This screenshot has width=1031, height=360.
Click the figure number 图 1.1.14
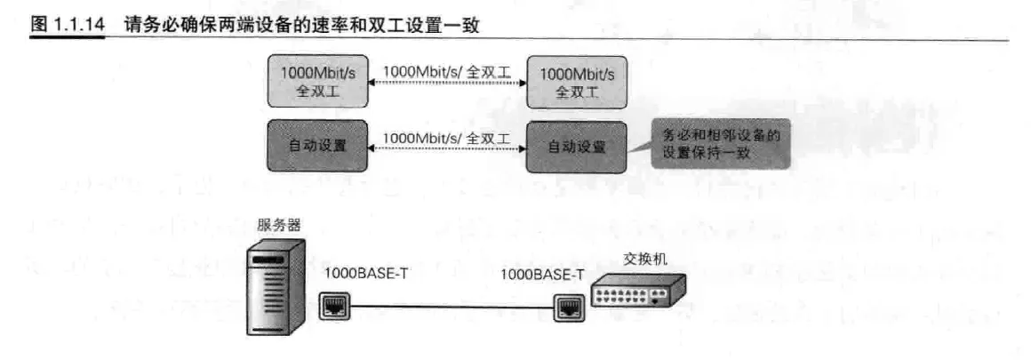[x=68, y=26]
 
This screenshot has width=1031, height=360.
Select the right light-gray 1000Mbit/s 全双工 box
[x=577, y=82]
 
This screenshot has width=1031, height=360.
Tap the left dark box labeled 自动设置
[x=317, y=146]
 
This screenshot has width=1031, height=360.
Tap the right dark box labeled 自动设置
[x=576, y=146]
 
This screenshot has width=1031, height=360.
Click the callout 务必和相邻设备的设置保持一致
[x=719, y=145]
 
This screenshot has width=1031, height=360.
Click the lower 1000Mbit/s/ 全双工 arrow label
[x=447, y=136]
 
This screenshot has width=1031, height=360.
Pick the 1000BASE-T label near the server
[x=366, y=274]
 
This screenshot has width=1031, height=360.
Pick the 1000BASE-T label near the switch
[x=542, y=274]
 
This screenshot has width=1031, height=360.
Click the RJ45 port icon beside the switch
[x=567, y=309]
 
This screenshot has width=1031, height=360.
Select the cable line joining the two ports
[x=452, y=308]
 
